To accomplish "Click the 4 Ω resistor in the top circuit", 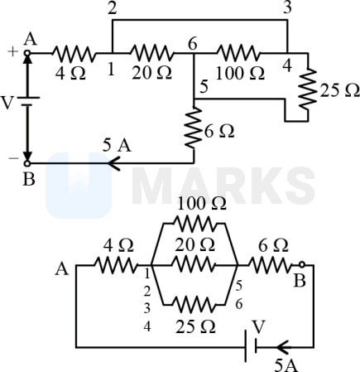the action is pos(74,53).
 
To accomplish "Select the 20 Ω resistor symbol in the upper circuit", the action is pos(151,53).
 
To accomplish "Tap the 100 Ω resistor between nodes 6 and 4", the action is pos(238,53).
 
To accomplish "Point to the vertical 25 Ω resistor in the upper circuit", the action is pos(308,89).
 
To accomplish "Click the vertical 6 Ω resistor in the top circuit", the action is pos(194,128).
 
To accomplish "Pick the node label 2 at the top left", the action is pos(113,9).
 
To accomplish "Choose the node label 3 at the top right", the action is pos(287,8).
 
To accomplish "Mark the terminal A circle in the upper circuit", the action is pos(27,53).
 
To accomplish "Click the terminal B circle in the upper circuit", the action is pos(27,163).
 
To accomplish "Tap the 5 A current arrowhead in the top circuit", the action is pos(113,163).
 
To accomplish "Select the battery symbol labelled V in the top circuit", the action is pos(27,101).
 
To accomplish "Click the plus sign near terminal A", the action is pos(12,51).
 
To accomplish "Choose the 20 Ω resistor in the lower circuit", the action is pos(193,265).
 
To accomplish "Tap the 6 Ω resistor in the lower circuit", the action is pos(271,265).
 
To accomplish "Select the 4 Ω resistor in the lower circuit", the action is pos(116,265).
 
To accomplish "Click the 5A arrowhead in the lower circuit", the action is pos(283,347).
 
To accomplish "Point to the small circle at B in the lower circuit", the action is pos(302,265).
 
